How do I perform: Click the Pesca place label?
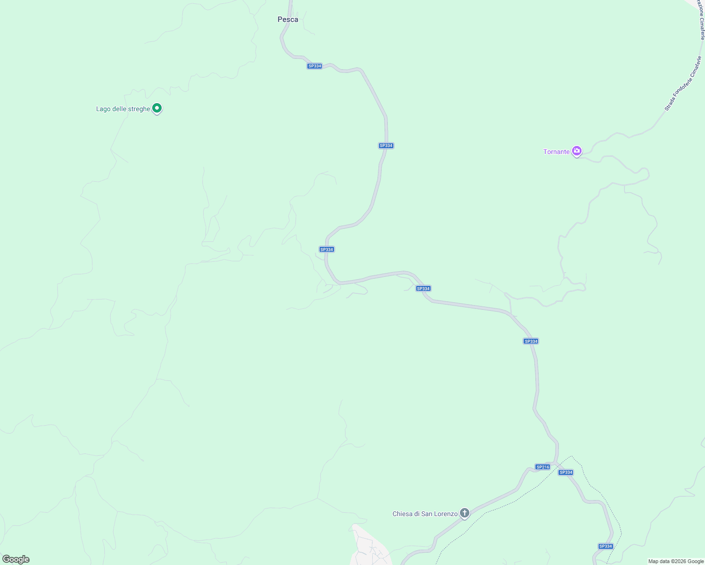point(287,19)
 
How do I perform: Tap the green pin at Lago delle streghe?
point(157,108)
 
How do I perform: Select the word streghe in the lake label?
point(139,109)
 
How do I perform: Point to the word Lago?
point(103,109)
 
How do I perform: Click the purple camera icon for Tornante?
point(576,151)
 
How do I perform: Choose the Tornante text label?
point(557,152)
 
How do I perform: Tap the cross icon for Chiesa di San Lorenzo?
point(465,513)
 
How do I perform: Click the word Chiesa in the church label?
point(403,514)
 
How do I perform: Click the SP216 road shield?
point(542,467)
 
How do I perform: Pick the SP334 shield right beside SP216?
point(566,472)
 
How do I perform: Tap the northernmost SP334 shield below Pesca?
point(314,66)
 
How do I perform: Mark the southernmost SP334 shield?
point(605,546)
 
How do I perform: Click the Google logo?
point(16,559)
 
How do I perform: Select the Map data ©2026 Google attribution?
point(676,561)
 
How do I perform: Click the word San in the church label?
point(427,514)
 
